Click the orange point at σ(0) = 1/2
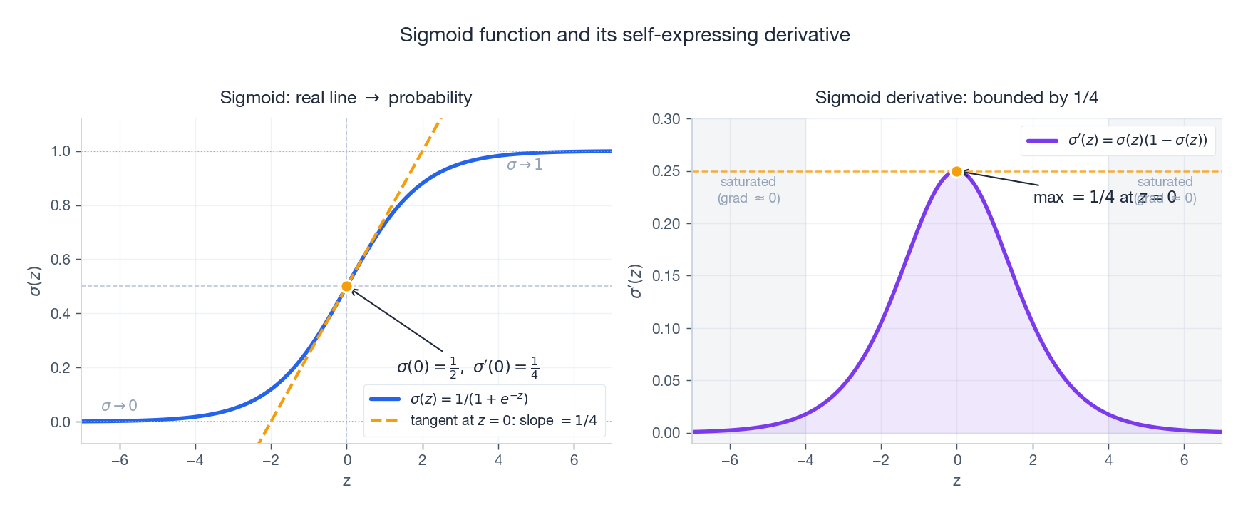point(346,287)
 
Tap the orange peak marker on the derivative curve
point(956,172)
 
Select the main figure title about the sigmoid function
point(624,35)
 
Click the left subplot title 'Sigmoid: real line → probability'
point(346,98)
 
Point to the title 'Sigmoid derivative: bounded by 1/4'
point(956,98)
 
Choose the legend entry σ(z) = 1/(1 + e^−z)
point(469,399)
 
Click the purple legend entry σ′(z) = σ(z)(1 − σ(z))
point(1138,141)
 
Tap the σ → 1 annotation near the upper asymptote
point(525,165)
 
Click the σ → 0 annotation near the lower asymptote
point(119,406)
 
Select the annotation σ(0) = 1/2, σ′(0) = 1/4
point(468,367)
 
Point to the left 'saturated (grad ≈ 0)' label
point(748,190)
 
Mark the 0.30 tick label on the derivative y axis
point(666,119)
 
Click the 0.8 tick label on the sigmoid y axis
point(61,205)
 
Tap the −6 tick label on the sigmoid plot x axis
point(119,460)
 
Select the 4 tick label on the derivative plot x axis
point(1108,460)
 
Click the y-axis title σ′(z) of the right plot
point(636,281)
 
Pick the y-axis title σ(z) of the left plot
point(34,281)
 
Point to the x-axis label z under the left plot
point(346,481)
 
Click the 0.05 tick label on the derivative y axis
point(666,381)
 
